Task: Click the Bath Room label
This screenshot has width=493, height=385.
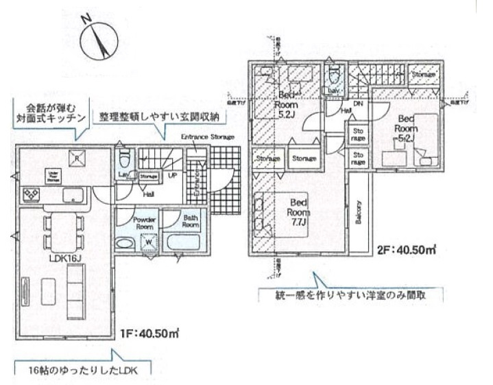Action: (x=190, y=221)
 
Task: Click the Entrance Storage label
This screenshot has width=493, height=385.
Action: (x=207, y=137)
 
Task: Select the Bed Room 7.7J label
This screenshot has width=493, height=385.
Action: (x=298, y=207)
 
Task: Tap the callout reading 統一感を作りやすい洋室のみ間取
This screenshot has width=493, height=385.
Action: (x=349, y=296)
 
